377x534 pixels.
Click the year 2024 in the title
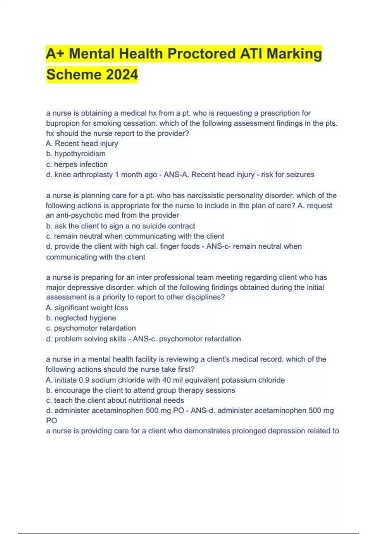click(122, 75)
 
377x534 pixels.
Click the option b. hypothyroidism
click(76, 154)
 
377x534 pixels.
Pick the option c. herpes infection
click(77, 164)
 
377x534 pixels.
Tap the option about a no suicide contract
click(121, 226)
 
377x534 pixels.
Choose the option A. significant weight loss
click(87, 308)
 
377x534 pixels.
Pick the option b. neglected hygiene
click(81, 318)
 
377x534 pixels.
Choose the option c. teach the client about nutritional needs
click(115, 401)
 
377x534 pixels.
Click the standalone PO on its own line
click(52, 421)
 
